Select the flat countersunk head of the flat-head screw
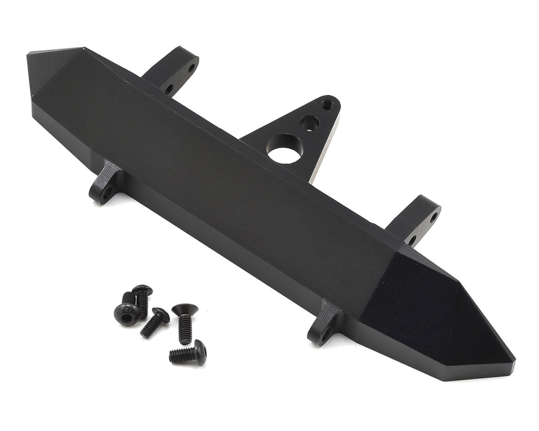click(185, 309)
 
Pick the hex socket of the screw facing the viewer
click(126, 312)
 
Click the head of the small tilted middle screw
click(161, 314)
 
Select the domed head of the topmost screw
click(142, 290)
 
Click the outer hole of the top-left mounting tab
click(191, 69)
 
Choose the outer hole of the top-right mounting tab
click(433, 219)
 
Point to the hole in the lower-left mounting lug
click(106, 195)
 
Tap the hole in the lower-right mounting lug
click(325, 335)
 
